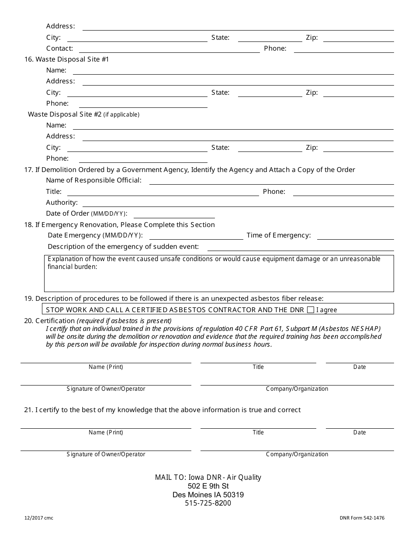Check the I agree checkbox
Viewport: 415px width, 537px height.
tap(311, 310)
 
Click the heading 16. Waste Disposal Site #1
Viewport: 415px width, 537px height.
tap(66, 59)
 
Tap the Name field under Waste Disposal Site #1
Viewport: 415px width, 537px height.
tap(233, 71)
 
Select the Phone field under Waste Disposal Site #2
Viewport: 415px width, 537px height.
tap(143, 159)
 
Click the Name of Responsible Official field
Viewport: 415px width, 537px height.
tap(271, 181)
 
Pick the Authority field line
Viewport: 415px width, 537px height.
tap(238, 203)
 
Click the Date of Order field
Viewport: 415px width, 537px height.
tap(174, 214)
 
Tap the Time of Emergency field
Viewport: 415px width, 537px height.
tap(355, 236)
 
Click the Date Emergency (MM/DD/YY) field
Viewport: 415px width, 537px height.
tap(196, 236)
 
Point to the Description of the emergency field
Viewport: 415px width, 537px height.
tap(300, 247)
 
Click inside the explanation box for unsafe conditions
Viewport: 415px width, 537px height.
tap(218, 279)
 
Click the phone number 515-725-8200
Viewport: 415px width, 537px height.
tap(208, 503)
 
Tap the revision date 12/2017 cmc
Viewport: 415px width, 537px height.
tap(39, 518)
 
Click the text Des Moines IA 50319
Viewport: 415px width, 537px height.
tap(208, 495)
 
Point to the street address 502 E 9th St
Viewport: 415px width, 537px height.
tap(208, 486)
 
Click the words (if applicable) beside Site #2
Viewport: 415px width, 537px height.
tap(121, 114)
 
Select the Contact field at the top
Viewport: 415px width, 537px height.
tap(169, 49)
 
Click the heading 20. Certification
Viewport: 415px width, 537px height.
tap(49, 321)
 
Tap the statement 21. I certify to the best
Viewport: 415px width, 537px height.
tap(162, 410)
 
